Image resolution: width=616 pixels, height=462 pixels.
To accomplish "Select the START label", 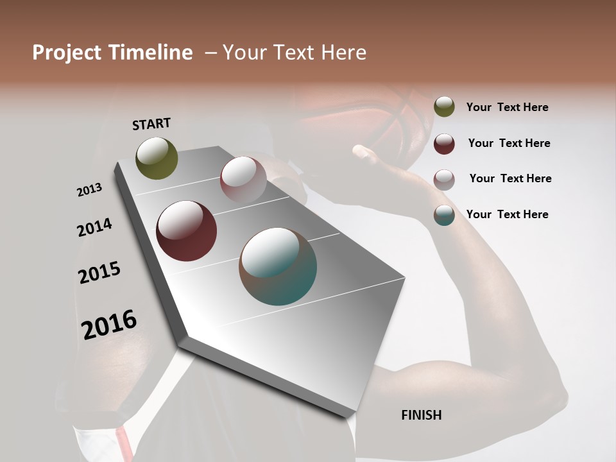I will coord(151,124).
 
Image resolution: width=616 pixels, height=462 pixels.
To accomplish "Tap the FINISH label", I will coord(421,415).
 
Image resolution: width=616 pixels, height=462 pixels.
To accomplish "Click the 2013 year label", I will coord(89,190).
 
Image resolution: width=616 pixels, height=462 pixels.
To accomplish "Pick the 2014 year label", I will coord(94,227).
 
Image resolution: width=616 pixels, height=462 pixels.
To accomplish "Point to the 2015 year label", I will coord(99,273).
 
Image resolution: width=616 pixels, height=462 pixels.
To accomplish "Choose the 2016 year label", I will coord(109,324).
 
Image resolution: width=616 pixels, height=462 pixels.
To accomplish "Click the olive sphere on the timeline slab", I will coord(157,158).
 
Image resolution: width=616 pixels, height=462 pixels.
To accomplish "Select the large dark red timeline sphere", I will coord(186,231).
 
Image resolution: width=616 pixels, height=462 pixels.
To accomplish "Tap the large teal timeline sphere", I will coord(278,266).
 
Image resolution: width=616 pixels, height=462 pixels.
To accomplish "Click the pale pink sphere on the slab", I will coord(243,179).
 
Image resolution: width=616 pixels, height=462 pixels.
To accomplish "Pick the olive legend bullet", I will coord(444,107).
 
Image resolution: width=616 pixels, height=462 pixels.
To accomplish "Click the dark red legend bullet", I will coord(444,143).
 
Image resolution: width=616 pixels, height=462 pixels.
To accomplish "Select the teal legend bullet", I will coord(444,215).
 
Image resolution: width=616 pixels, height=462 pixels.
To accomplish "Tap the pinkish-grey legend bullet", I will coord(444,179).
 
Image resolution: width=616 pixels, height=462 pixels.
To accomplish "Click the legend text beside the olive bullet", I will coord(507,107).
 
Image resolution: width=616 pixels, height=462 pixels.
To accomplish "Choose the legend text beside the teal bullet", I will coord(507,214).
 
